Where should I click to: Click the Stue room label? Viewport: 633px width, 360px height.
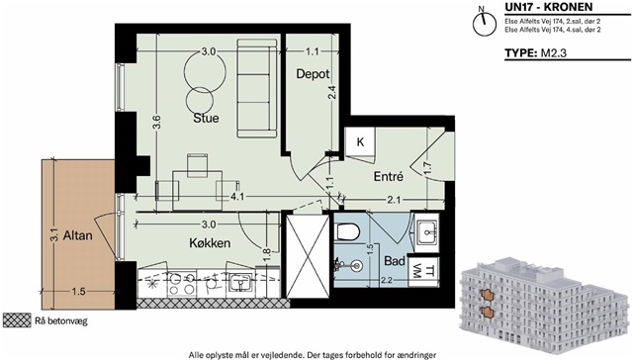tap(206, 118)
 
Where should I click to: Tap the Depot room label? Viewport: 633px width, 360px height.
tap(313, 74)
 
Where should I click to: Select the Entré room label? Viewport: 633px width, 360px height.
tap(389, 176)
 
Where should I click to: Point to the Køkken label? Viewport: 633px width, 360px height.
tap(210, 243)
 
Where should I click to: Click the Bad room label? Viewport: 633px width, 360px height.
tap(395, 261)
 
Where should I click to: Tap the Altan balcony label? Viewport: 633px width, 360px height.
tap(78, 235)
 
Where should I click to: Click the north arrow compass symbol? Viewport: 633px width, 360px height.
tap(484, 23)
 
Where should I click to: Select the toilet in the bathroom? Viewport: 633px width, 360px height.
tap(347, 231)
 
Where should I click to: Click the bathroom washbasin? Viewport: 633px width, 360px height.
tap(426, 232)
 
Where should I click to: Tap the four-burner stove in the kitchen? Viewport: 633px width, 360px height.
tap(182, 284)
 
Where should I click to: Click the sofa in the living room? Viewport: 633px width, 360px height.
tap(257, 88)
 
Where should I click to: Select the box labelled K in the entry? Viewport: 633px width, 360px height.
tap(360, 142)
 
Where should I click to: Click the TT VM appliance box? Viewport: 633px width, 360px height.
tap(422, 270)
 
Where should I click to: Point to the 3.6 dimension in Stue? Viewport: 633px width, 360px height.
tap(157, 122)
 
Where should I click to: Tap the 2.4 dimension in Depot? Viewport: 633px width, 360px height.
tap(332, 94)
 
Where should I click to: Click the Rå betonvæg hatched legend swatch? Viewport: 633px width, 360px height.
tap(17, 320)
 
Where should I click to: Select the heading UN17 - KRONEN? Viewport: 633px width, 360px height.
tap(549, 7)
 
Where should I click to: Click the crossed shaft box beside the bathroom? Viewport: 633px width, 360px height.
tap(308, 256)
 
